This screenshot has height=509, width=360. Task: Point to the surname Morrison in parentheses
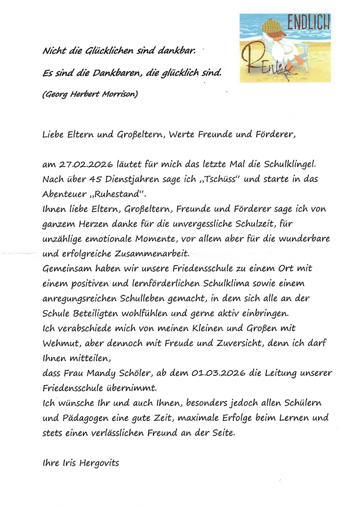tap(121, 94)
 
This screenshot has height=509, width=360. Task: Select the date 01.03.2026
tap(218, 373)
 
